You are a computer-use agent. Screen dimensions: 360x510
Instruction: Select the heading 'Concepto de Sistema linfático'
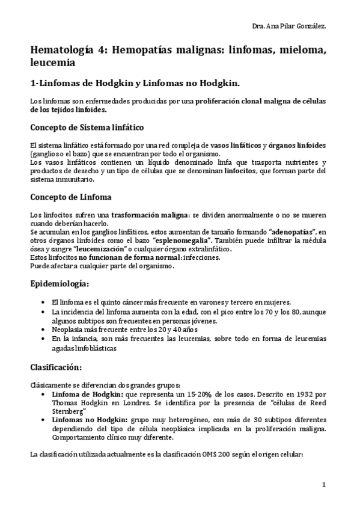(x=87, y=127)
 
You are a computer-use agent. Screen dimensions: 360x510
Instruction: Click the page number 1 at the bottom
(x=324, y=485)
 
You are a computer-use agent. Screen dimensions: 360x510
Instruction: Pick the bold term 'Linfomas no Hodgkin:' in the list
(x=85, y=420)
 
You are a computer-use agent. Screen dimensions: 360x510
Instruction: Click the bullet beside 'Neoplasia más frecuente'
(x=40, y=330)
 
